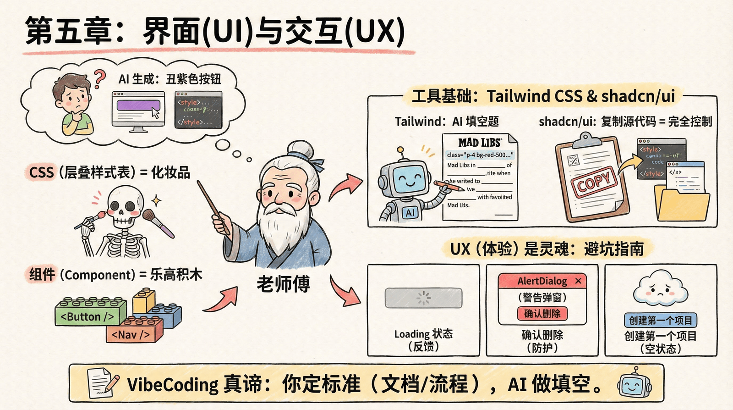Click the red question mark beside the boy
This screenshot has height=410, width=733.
pyautogui.click(x=99, y=78)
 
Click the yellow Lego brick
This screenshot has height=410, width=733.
pyautogui.click(x=144, y=300)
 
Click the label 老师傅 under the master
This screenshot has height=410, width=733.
pyautogui.click(x=283, y=284)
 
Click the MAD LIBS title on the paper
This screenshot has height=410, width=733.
pyautogui.click(x=480, y=142)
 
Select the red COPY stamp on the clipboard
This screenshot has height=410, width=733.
pyautogui.click(x=594, y=183)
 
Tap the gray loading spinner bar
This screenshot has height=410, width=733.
pyautogui.click(x=423, y=298)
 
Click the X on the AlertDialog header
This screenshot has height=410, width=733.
pyautogui.click(x=579, y=281)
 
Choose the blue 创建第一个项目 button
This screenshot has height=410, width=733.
pyautogui.click(x=660, y=320)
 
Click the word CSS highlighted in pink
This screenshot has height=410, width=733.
pyautogui.click(x=41, y=172)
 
